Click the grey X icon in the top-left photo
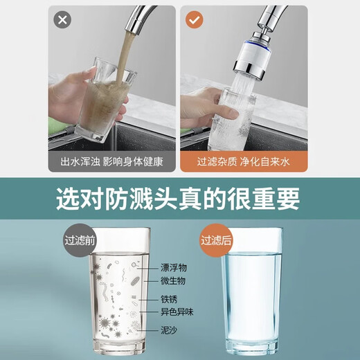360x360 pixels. point(63,20)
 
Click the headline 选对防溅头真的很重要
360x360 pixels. point(179,199)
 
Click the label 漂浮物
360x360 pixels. point(173,267)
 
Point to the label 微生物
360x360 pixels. point(173,280)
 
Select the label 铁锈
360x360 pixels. point(169,299)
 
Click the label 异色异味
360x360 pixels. point(177,313)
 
